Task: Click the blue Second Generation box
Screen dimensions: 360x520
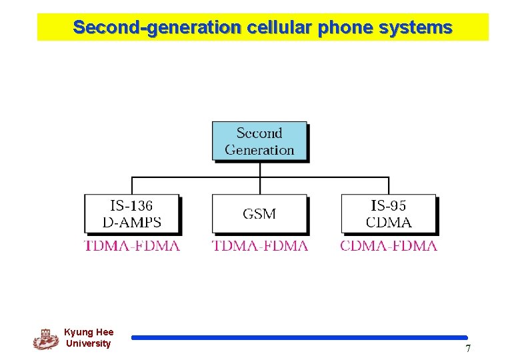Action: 259,141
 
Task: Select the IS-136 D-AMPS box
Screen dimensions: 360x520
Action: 132,214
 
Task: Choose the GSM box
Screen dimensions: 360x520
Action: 259,214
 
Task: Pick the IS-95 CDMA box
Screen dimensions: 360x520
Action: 389,214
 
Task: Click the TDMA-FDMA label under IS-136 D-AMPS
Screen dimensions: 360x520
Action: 132,245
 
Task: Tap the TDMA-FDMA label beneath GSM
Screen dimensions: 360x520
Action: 260,245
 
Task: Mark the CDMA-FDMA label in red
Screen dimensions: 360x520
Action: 389,245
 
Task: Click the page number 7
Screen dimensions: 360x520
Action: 468,349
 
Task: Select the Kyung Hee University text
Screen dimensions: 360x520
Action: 89,338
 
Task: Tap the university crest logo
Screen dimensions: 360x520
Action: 45,339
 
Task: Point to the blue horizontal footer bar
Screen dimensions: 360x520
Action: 299,338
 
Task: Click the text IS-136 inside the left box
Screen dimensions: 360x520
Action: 131,206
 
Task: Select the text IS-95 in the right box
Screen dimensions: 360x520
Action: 389,206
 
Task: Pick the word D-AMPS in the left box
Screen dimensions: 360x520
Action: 132,222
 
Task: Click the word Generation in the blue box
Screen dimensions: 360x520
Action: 259,150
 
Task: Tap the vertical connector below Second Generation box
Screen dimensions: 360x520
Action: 260,169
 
